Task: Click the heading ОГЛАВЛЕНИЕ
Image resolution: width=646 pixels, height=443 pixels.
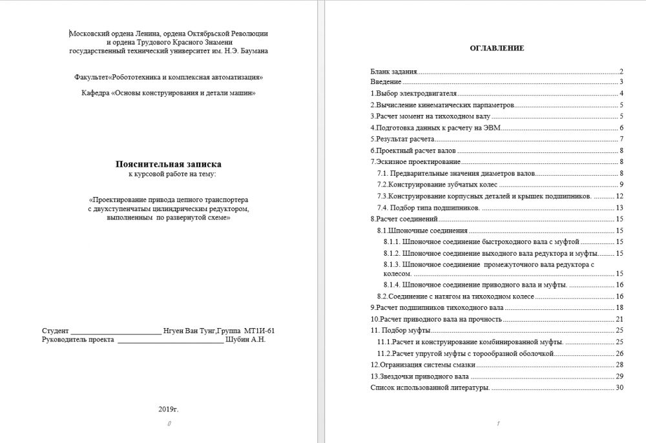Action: click(497, 48)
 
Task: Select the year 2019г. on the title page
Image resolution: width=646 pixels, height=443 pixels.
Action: click(168, 409)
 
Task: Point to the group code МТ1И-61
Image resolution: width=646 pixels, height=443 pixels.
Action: click(264, 330)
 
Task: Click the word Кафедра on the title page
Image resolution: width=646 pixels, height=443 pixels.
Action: click(96, 93)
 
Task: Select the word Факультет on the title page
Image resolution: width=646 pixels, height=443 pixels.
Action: click(92, 77)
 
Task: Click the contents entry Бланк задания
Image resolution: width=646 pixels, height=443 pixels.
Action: click(393, 71)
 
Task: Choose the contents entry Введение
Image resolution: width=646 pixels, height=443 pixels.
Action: click(386, 82)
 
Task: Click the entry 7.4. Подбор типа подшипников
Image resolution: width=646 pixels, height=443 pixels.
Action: click(428, 207)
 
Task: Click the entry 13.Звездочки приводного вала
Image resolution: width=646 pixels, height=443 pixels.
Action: click(419, 376)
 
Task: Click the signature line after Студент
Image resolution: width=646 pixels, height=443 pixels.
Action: click(116, 331)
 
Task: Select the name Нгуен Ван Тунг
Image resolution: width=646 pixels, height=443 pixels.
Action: click(189, 330)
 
